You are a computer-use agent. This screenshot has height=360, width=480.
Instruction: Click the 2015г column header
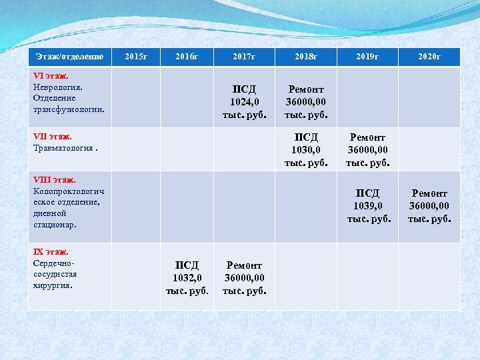tap(136, 57)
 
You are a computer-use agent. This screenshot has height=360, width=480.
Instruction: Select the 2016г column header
tap(187, 57)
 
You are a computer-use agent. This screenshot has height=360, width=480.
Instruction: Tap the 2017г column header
tap(244, 57)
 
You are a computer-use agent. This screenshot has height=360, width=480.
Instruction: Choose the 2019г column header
tap(367, 57)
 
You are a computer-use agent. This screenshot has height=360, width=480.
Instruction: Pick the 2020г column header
tap(429, 57)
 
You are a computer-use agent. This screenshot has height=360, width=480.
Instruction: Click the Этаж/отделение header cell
tap(70, 57)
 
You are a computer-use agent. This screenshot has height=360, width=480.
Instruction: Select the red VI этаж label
tap(51, 76)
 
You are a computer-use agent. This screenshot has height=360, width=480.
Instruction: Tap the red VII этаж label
tap(53, 136)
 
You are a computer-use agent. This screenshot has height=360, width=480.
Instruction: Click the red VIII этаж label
tap(55, 179)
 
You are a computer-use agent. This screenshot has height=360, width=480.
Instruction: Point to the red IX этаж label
tap(51, 251)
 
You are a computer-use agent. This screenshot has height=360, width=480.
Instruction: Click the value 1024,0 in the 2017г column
tap(244, 102)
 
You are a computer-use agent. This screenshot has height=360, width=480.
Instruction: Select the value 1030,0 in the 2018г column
tap(306, 150)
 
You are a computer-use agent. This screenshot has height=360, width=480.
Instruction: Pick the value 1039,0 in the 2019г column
tap(367, 206)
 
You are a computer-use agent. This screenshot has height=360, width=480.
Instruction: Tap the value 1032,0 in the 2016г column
tap(187, 278)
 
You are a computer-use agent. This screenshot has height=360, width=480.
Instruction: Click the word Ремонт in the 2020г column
tap(429, 193)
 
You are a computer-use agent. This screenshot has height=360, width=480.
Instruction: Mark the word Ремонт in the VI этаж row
tap(306, 89)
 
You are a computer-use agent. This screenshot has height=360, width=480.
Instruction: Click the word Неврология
tap(57, 87)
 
